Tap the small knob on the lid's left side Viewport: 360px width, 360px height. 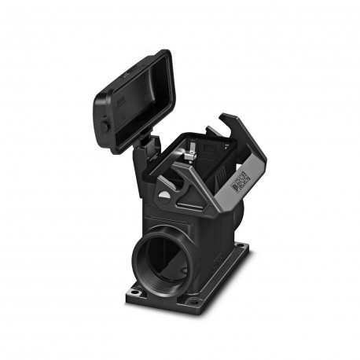105,126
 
